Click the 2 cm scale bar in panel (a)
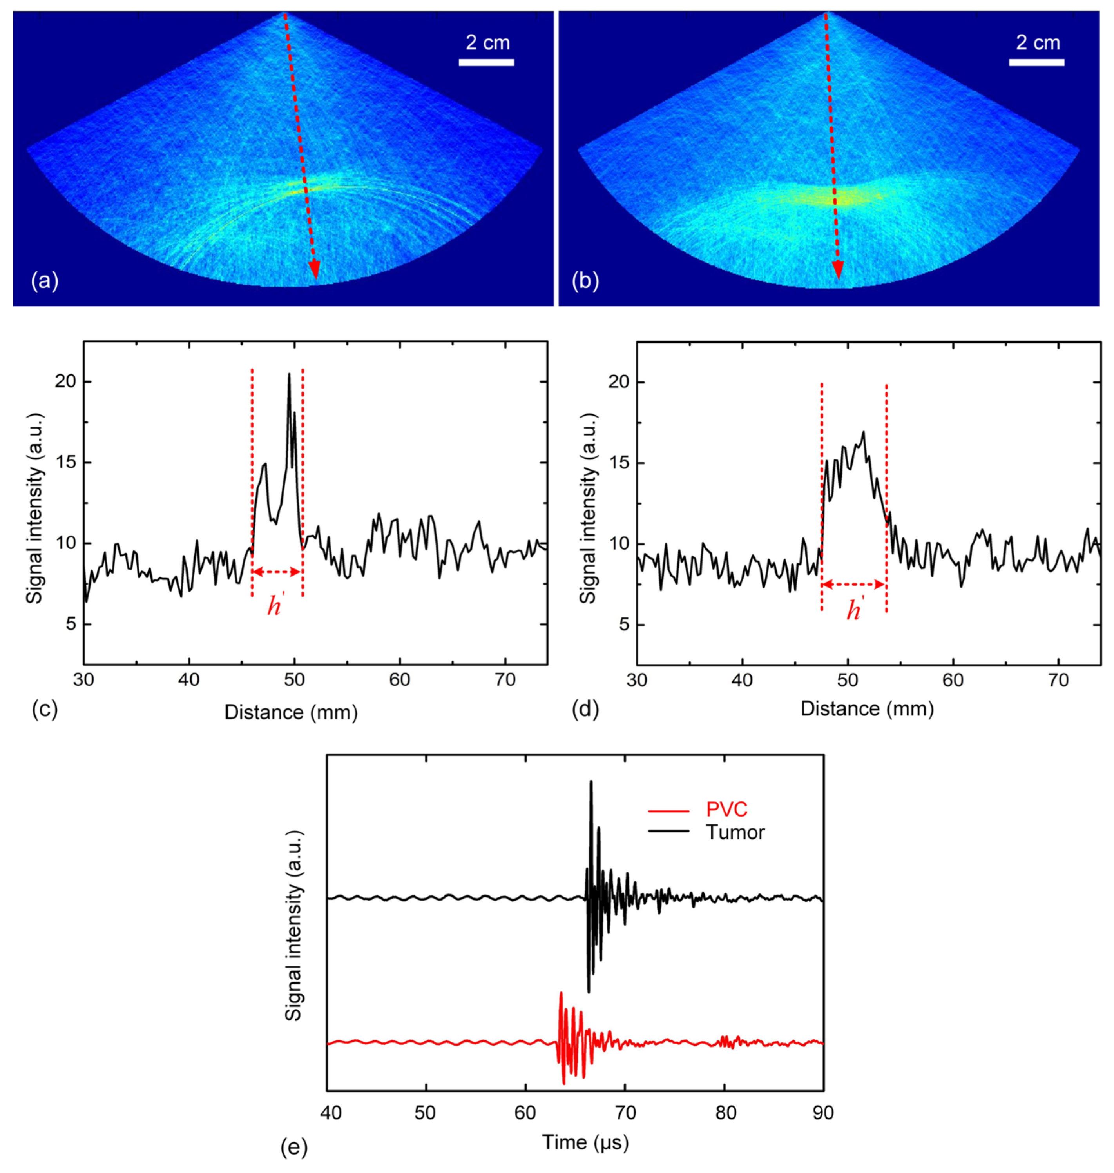(x=486, y=62)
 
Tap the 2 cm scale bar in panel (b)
(x=1036, y=62)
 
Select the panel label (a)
(x=45, y=280)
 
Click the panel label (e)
(x=294, y=1149)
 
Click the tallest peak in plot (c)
(x=289, y=374)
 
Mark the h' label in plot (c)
(x=274, y=606)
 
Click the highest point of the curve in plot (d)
(x=863, y=432)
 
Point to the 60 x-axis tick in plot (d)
(x=953, y=679)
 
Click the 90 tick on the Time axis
(x=822, y=1112)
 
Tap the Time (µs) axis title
(x=585, y=1142)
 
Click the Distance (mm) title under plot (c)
(x=291, y=712)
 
